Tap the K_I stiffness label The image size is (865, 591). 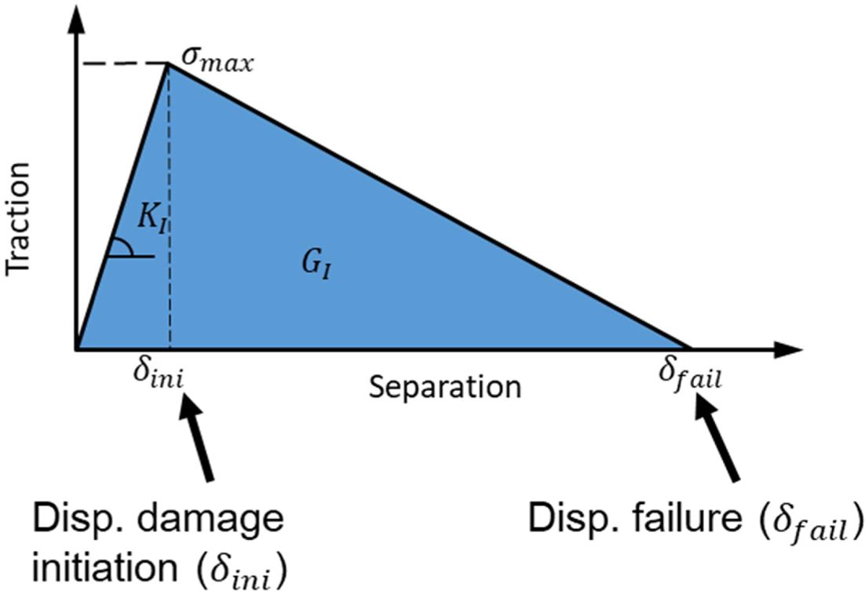[152, 221]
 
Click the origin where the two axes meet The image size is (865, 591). [76, 348]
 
